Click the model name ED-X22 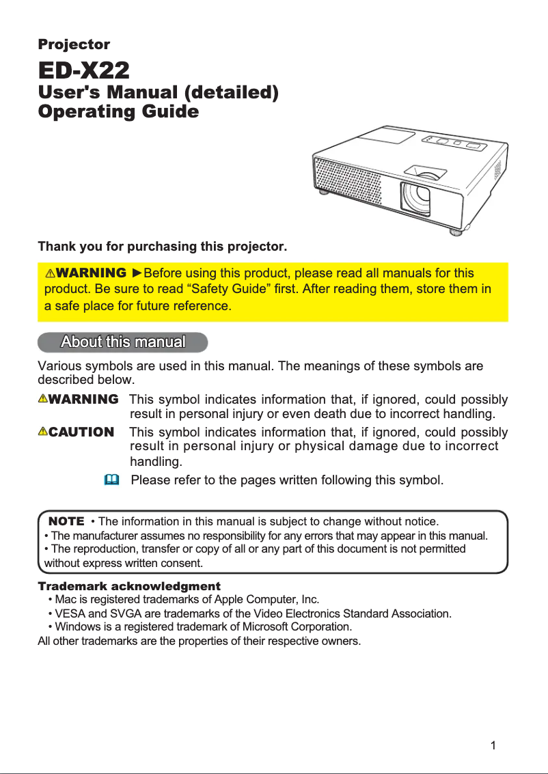click(x=83, y=70)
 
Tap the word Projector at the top click(x=74, y=44)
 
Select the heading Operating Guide click(x=118, y=111)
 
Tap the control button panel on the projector click(x=454, y=143)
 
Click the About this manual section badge click(x=123, y=341)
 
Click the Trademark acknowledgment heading click(x=129, y=586)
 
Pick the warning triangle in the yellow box click(x=51, y=274)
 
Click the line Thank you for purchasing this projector click(x=163, y=245)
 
